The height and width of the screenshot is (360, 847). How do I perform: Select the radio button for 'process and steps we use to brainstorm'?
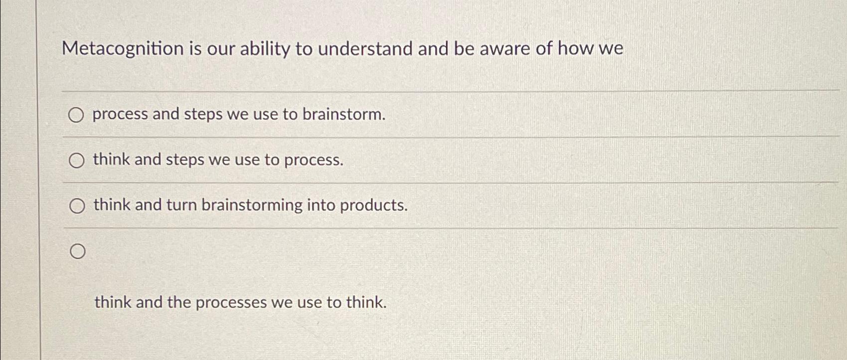tap(76, 116)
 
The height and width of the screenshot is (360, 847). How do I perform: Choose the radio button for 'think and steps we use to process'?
tap(76, 161)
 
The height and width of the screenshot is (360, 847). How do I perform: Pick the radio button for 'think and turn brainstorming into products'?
tap(77, 206)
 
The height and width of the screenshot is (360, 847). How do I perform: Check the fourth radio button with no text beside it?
tap(77, 252)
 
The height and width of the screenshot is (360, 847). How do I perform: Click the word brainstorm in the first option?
tap(344, 115)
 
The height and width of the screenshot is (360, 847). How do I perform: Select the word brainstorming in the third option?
tap(252, 205)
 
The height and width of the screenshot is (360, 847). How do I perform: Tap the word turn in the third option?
tap(181, 205)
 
